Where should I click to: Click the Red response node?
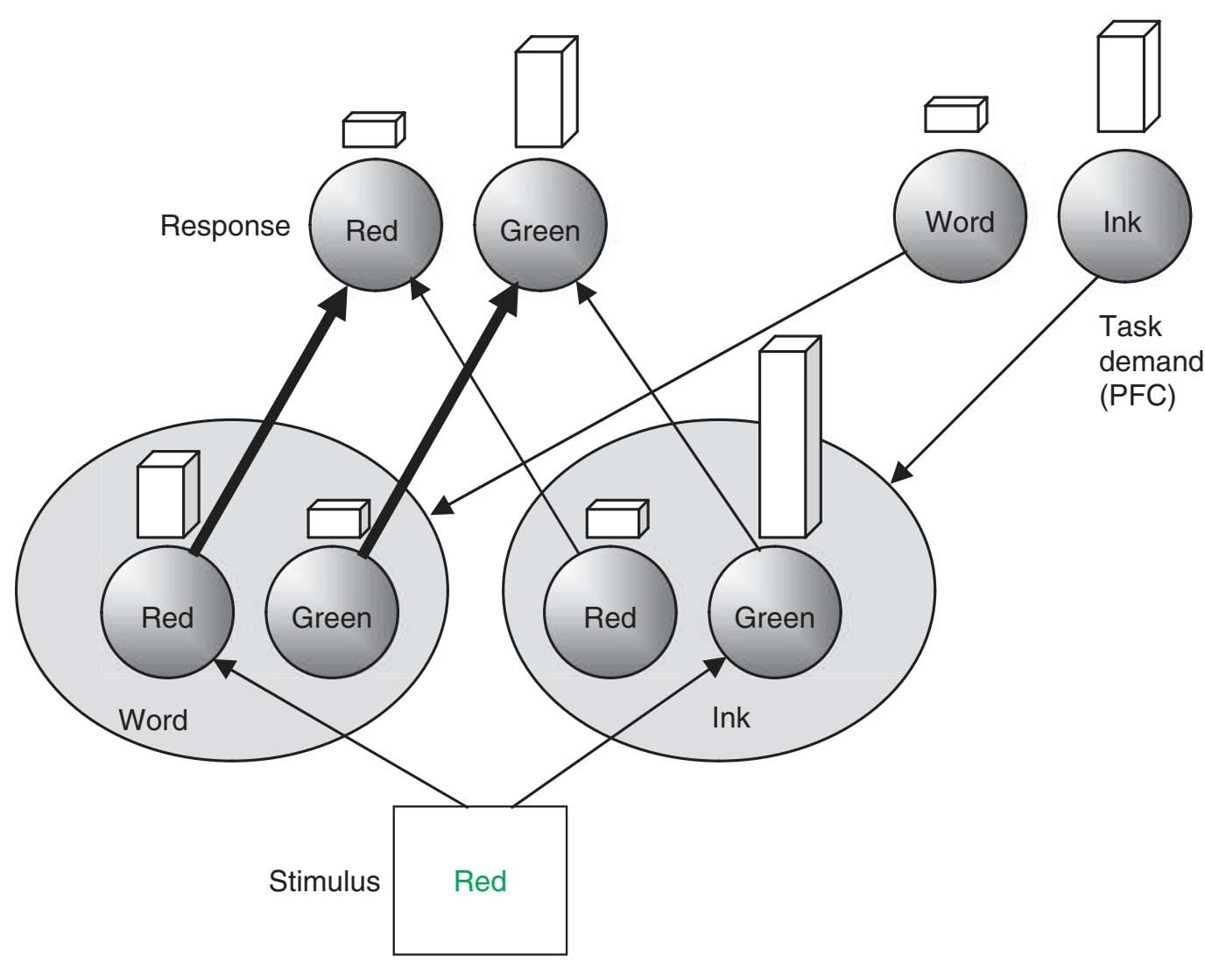[375, 225]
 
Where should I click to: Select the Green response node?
[539, 225]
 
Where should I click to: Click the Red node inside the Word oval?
[167, 613]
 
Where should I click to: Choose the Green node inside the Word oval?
[332, 613]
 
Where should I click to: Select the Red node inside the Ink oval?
[610, 613]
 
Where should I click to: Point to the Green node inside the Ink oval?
[774, 613]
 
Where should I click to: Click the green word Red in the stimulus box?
[480, 881]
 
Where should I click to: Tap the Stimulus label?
[324, 881]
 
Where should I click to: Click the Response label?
[224, 226]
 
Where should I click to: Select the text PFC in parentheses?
[1137, 396]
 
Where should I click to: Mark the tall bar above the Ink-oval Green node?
[788, 438]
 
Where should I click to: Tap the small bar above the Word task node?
[955, 115]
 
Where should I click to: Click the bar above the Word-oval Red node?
[167, 496]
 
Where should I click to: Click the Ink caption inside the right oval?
[730, 718]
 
